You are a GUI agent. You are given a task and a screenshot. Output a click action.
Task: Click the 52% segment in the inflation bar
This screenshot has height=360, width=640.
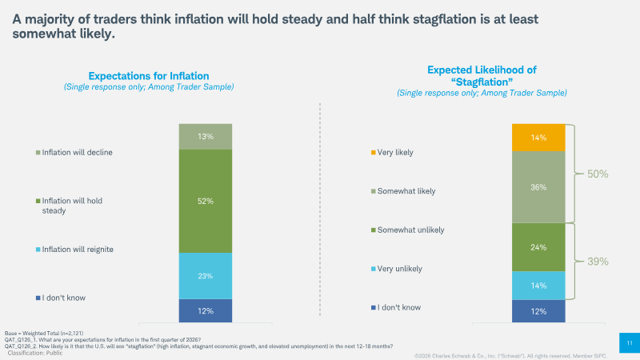pyautogui.click(x=206, y=202)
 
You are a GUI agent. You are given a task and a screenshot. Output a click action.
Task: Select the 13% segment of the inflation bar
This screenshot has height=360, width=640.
pyautogui.click(x=206, y=136)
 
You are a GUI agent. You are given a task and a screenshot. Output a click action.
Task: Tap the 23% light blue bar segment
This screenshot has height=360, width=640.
pyautogui.click(x=206, y=276)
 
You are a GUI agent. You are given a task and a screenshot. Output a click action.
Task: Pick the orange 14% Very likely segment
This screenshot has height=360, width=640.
pyautogui.click(x=538, y=138)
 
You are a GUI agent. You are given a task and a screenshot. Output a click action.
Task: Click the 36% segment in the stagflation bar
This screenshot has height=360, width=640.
pyautogui.click(x=538, y=187)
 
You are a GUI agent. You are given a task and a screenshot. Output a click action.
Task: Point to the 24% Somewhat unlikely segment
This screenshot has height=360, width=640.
pyautogui.click(x=538, y=247)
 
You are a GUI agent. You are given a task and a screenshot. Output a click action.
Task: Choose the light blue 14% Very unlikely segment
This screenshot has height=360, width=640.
pyautogui.click(x=538, y=286)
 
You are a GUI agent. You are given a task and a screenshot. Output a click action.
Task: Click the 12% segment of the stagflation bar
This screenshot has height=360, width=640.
pyautogui.click(x=538, y=311)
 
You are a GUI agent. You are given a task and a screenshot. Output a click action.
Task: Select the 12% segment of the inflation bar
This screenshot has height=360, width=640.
pyautogui.click(x=206, y=310)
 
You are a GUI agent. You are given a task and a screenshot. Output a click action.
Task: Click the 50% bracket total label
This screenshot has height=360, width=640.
pyautogui.click(x=598, y=174)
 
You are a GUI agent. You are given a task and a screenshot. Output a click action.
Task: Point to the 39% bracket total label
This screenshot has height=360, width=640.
pyautogui.click(x=598, y=262)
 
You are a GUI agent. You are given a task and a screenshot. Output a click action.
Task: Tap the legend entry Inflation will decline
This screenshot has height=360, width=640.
pyautogui.click(x=74, y=152)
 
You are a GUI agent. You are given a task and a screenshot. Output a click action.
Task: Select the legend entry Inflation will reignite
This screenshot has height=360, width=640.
pyautogui.click(x=74, y=250)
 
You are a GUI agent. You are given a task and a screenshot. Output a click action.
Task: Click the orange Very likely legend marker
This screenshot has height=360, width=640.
pyautogui.click(x=373, y=153)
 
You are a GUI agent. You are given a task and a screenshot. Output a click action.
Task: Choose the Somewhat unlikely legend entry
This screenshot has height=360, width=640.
pyautogui.click(x=407, y=230)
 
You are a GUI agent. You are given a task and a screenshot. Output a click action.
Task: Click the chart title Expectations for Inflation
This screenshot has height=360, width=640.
pyautogui.click(x=149, y=76)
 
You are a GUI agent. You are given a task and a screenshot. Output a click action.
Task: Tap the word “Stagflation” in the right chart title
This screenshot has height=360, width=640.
pyautogui.click(x=482, y=82)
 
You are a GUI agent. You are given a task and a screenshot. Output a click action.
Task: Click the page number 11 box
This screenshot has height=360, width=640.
pyautogui.click(x=630, y=343)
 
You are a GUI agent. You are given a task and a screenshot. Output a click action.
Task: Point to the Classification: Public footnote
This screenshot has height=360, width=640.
pyautogui.click(x=35, y=353)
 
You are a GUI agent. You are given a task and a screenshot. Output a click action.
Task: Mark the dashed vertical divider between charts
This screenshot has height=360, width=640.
pyautogui.click(x=320, y=209)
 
